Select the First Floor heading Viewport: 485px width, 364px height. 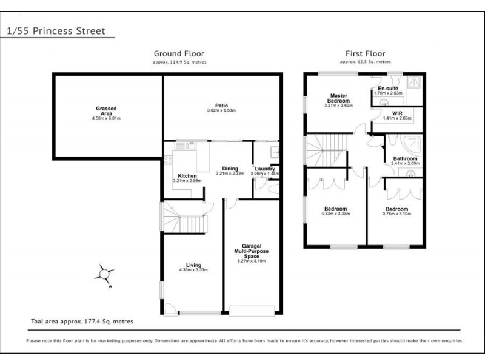pos(365,53)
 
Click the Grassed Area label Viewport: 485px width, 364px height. pos(106,109)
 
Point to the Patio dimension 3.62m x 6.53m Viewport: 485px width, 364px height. pos(221,110)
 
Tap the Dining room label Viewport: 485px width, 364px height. pos(230,169)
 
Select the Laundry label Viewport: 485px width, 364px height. pos(265,169)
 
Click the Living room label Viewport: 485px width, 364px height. pos(193,265)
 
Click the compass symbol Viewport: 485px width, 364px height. pos(104,276)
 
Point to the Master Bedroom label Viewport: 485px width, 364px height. pos(338,98)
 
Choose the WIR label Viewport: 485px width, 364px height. pos(398,113)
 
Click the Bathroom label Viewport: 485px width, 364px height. pos(404,158)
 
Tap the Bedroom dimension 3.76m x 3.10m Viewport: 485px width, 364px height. pos(397,213)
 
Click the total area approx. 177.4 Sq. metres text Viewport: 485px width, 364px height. pos(82,321)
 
